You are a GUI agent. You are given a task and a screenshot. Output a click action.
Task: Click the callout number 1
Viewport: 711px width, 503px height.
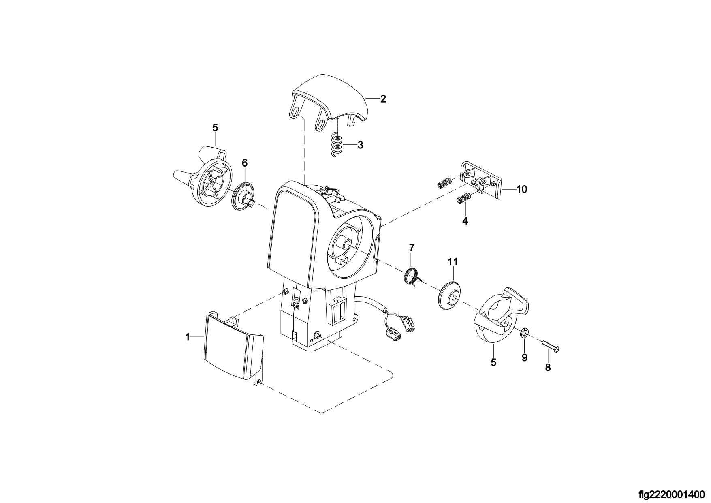(188, 337)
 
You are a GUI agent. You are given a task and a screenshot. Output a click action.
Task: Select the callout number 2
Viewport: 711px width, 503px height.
(383, 98)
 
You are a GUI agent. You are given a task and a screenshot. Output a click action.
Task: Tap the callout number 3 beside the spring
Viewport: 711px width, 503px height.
(360, 145)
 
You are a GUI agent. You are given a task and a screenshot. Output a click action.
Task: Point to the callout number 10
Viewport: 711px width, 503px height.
(522, 189)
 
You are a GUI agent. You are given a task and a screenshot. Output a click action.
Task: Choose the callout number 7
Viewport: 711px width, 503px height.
(412, 247)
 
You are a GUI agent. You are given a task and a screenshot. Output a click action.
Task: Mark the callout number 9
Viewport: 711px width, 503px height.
(524, 358)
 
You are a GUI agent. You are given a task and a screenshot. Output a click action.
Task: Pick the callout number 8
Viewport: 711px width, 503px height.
(548, 368)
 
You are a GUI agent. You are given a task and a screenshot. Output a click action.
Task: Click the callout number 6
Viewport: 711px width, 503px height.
(244, 163)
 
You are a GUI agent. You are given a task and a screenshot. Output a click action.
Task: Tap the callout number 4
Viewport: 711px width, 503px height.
(465, 221)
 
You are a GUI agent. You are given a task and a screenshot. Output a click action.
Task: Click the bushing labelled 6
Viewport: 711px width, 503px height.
(243, 196)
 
